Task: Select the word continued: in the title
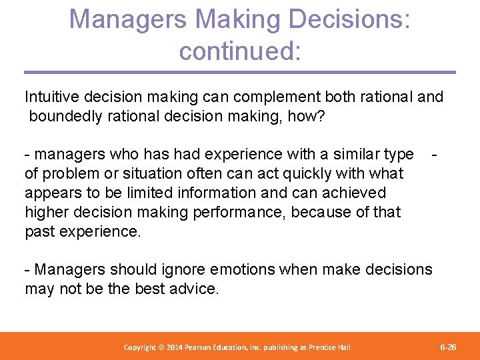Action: point(240,51)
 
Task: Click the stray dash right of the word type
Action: point(434,155)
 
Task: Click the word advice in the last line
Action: point(195,289)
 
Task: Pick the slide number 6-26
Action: point(449,347)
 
